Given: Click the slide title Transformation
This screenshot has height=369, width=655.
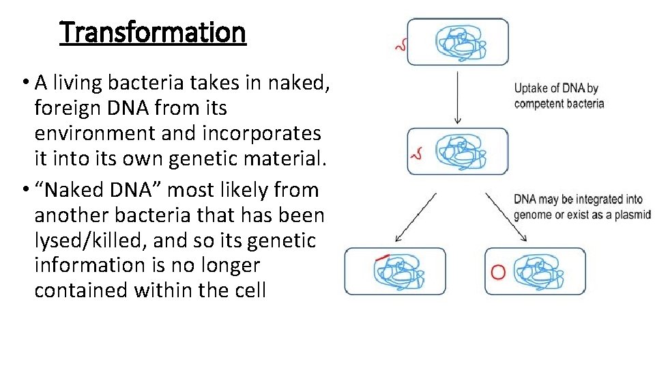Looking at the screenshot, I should (153, 32).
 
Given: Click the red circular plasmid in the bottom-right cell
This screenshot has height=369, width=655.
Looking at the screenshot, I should (498, 272).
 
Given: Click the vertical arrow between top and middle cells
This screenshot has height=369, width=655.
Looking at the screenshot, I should (457, 96).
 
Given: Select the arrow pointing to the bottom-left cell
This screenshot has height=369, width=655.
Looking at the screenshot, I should (415, 217).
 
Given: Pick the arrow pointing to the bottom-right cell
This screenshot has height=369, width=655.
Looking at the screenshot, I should (506, 217).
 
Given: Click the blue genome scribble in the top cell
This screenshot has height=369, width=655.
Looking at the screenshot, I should (462, 42).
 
